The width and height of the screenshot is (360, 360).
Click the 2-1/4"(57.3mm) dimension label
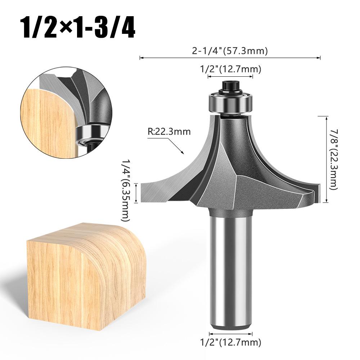pos(230,51)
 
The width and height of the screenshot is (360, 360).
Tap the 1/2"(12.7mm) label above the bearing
pos(230,69)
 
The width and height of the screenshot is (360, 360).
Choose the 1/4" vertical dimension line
pos(136,193)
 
